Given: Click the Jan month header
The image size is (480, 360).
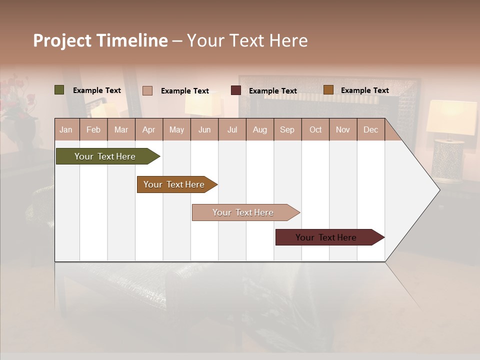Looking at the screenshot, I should point(66,129).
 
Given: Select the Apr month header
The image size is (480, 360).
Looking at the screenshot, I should point(149,129).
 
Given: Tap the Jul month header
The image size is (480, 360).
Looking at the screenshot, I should point(232,129).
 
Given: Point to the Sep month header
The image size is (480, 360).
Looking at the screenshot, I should point(287,129).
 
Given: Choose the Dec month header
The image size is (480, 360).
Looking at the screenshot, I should point(370,129).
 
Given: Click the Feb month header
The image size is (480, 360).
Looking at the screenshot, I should point(93,129).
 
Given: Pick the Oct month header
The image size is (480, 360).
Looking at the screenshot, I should point(315,129).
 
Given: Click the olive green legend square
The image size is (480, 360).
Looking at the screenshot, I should point(59,90).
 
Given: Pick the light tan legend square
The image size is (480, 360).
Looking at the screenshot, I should point(147,90).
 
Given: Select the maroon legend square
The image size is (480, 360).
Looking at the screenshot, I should point(236,90).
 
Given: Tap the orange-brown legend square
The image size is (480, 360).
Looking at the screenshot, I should point(328,90).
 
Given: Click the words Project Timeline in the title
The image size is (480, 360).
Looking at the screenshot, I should point(100,40).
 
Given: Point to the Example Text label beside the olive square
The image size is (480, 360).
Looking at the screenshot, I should point(97,90).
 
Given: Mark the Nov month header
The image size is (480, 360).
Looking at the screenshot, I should point(343,129).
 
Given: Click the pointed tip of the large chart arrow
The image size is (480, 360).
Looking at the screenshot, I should point(438,190).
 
